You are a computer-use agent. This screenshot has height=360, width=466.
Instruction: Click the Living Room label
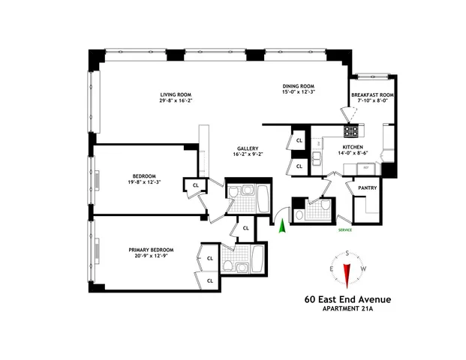(174, 94)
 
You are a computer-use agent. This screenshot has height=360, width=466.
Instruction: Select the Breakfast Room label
(372, 95)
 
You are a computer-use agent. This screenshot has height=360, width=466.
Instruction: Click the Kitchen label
(353, 147)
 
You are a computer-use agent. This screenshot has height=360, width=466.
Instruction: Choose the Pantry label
(367, 189)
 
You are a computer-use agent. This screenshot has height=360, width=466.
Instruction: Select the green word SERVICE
(345, 230)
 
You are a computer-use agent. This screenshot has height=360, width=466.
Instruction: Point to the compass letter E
(331, 268)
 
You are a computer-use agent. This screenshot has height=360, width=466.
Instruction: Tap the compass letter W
(363, 268)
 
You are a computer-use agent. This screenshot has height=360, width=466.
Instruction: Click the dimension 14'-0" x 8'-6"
(353, 154)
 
